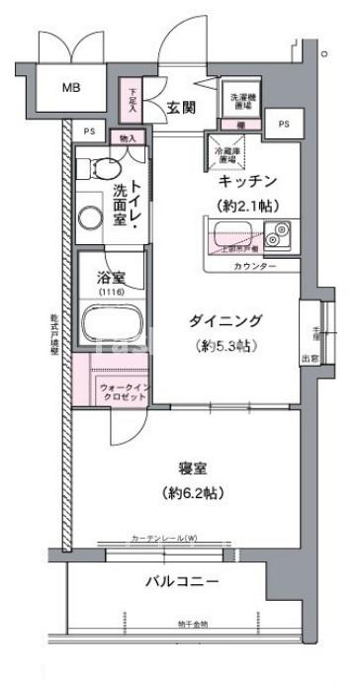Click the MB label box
72,88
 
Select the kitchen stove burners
275,235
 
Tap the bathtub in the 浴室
113,322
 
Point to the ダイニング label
225,319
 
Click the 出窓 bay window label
311,359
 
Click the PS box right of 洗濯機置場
284,123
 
